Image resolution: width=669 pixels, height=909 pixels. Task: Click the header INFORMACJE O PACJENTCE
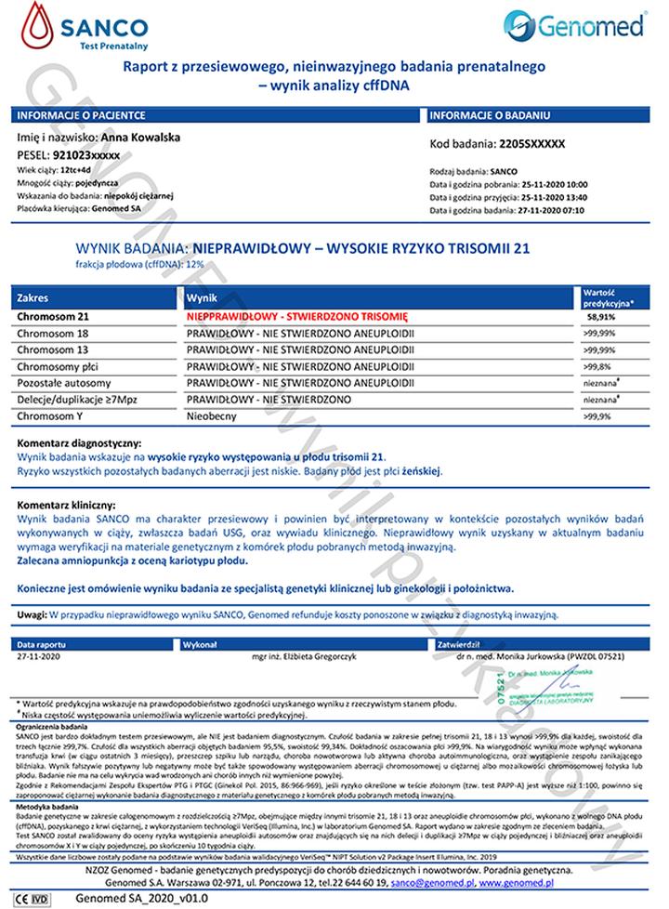(81, 115)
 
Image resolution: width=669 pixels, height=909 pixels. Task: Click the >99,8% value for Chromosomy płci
(598, 366)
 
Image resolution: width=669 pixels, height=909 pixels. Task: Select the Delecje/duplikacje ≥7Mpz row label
(74, 399)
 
